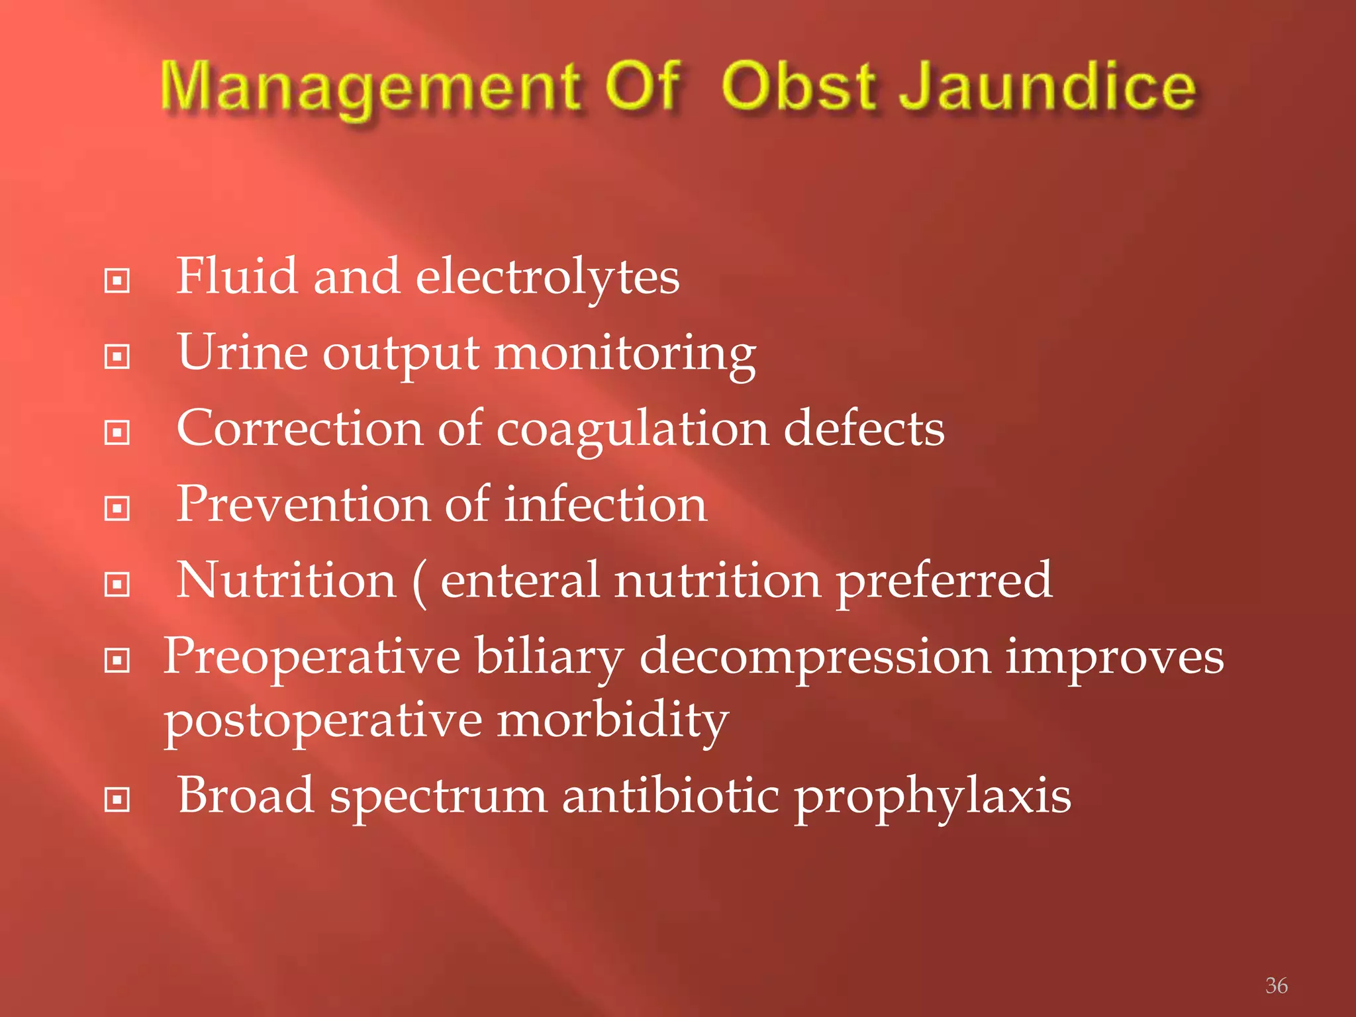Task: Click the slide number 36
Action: point(1276,985)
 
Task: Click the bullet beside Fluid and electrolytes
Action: point(117,281)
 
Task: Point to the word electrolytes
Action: point(547,277)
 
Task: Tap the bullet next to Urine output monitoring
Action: point(117,357)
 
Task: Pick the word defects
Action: point(864,429)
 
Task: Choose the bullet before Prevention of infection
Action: point(117,508)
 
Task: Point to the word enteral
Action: point(520,581)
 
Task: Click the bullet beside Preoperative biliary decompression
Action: point(117,660)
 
